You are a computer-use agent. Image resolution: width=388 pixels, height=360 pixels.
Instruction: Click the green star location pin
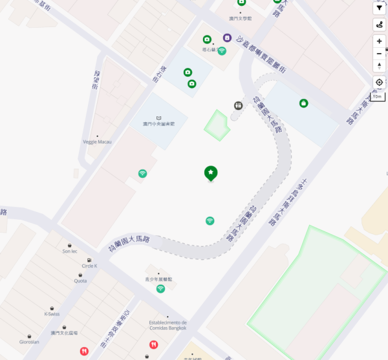pyautogui.click(x=211, y=173)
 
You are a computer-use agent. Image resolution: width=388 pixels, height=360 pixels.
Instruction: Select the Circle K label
pyautogui.click(x=89, y=266)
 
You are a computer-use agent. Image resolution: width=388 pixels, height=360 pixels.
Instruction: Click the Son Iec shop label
pyautogui.click(x=70, y=251)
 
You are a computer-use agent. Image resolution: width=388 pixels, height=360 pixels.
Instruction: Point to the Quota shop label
pyautogui.click(x=80, y=281)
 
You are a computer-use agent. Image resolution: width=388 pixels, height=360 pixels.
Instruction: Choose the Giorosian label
pyautogui.click(x=29, y=341)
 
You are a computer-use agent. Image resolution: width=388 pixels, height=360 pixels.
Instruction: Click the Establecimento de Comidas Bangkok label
pyautogui.click(x=167, y=324)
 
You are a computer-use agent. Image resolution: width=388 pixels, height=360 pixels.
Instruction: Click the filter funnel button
pyautogui.click(x=379, y=8)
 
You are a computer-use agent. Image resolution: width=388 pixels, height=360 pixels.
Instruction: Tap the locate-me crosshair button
pyautogui.click(x=379, y=82)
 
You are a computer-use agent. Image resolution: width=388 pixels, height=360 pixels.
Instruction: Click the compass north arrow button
pyautogui.click(x=379, y=65)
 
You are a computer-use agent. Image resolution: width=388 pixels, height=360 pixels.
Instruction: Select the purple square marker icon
pyautogui.click(x=228, y=37)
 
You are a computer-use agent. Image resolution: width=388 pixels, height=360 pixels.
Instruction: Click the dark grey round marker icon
pyautogui.click(x=239, y=105)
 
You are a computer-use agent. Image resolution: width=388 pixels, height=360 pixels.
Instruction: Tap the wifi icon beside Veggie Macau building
pyautogui.click(x=142, y=173)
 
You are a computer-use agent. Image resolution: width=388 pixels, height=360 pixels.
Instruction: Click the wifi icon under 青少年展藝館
pyautogui.click(x=160, y=288)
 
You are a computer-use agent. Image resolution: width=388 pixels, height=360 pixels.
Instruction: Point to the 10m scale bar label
pyautogui.click(x=378, y=96)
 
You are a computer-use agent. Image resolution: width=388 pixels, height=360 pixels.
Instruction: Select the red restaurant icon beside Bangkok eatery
pyautogui.click(x=153, y=344)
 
